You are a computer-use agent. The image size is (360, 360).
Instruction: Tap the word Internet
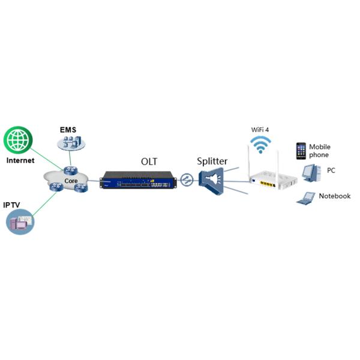tap(20, 160)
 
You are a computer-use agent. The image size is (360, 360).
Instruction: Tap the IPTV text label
tap(13, 205)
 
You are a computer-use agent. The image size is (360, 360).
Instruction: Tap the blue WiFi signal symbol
tap(260, 145)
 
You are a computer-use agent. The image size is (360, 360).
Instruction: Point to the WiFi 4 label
tap(261, 130)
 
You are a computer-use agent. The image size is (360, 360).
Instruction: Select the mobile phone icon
tap(301, 151)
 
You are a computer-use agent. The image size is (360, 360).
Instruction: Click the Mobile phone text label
tap(319, 151)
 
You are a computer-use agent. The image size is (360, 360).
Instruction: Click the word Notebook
tap(334, 196)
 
